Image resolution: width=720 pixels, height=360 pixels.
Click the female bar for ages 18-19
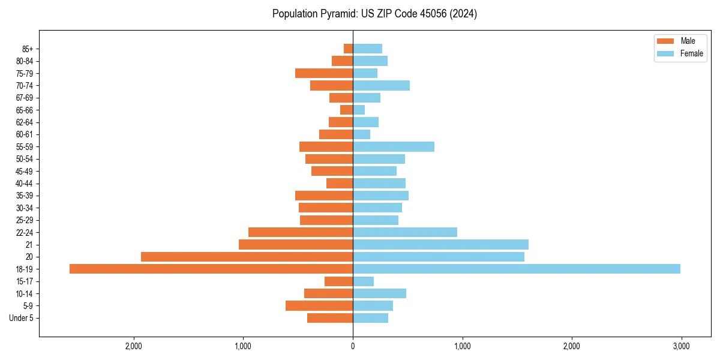click(516, 269)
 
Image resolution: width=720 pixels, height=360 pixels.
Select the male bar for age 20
click(247, 257)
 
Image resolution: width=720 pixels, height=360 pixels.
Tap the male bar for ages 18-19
click(211, 269)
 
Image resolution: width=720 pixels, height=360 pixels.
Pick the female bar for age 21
click(440, 244)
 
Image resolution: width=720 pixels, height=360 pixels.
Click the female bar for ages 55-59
click(394, 146)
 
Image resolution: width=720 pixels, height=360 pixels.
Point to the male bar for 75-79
click(324, 73)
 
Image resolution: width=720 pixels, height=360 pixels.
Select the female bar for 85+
click(367, 49)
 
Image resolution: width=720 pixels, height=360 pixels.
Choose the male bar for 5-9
click(319, 305)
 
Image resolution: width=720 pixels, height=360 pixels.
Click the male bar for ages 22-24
click(301, 232)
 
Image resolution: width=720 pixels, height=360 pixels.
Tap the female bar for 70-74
click(381, 85)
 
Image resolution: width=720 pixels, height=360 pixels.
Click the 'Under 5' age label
click(21, 318)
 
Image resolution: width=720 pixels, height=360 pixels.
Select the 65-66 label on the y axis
click(25, 110)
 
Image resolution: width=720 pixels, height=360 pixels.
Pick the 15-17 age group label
click(25, 281)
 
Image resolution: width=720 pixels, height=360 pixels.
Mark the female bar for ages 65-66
click(359, 110)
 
